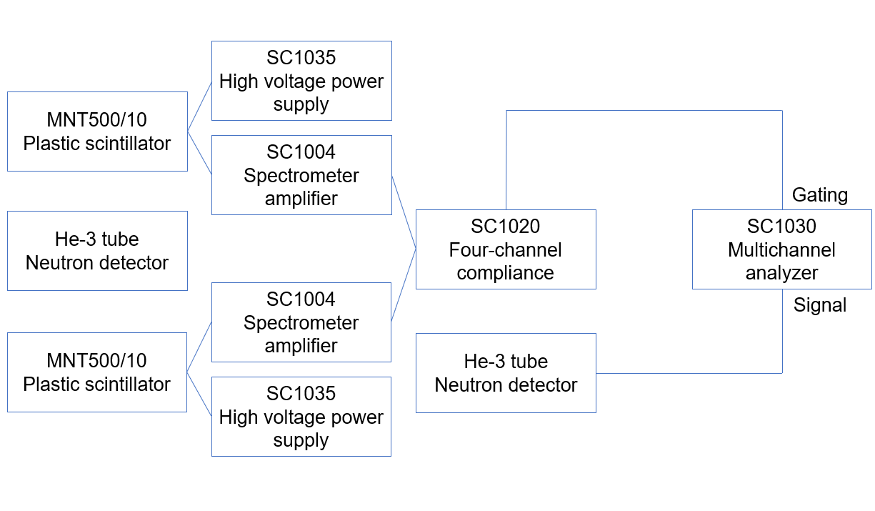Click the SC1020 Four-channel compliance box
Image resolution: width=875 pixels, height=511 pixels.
[506, 249]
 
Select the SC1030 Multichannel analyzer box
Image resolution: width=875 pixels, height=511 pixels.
[781, 249]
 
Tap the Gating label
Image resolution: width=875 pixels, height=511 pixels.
[820, 195]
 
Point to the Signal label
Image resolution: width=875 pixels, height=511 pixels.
[820, 305]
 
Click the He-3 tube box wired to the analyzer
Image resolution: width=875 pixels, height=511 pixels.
[506, 373]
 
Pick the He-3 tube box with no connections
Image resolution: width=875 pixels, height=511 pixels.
[97, 251]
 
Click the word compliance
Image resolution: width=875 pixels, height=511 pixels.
[506, 272]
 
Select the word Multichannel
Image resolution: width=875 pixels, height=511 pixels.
[781, 249]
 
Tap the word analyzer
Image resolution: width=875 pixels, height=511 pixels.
[781, 272]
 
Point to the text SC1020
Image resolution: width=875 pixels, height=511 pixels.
[506, 227]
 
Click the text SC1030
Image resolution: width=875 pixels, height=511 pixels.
[781, 227]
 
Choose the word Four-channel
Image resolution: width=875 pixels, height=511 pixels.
[506, 249]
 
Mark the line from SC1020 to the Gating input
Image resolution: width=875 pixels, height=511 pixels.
[643, 111]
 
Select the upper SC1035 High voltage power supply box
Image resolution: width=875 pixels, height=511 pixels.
[301, 81]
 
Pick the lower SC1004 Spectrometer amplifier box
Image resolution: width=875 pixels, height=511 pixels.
[301, 322]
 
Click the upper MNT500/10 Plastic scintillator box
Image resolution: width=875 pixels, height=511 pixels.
[97, 132]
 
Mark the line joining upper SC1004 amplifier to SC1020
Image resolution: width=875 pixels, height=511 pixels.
[404, 212]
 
